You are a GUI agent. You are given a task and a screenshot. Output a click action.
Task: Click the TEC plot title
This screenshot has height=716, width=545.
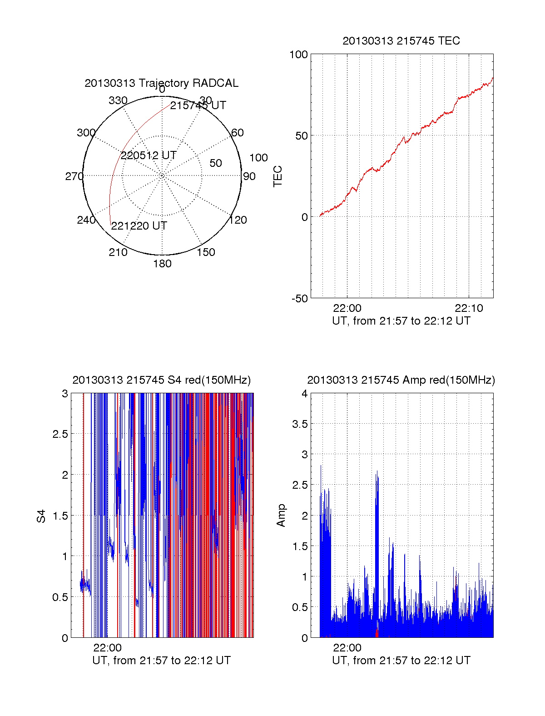[x=401, y=41]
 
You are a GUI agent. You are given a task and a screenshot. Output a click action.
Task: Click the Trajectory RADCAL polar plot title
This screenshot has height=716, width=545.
[x=161, y=83]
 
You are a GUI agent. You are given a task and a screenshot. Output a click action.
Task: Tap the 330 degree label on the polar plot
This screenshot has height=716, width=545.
[x=118, y=100]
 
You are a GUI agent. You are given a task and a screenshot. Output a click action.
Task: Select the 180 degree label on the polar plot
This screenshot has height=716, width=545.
[x=162, y=264]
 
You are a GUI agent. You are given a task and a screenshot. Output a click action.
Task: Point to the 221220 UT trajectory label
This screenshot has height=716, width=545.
[x=139, y=226]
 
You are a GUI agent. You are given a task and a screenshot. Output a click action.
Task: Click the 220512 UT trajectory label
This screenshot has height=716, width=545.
[x=149, y=155]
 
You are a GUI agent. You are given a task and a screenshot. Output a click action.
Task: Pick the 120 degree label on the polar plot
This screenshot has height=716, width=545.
[x=238, y=220]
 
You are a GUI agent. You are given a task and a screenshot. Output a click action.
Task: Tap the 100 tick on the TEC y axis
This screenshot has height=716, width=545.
[x=298, y=55]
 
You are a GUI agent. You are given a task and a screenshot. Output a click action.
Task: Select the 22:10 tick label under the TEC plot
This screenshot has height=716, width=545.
[x=469, y=308]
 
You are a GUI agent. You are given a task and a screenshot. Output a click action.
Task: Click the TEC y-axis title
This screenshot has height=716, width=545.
[x=277, y=176]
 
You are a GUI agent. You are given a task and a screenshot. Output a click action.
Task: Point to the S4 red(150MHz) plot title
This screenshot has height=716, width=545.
[x=161, y=380]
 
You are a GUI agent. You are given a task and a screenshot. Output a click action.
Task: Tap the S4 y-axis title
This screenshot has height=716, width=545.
[x=41, y=516]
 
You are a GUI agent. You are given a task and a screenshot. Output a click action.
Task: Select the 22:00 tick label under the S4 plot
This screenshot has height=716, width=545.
[x=108, y=648]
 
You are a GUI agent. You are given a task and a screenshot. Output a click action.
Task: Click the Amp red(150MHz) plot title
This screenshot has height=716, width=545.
[x=401, y=380]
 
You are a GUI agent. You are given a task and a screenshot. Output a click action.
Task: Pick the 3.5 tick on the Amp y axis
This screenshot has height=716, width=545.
[x=299, y=424]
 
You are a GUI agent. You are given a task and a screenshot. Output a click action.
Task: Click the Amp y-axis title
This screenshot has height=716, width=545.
[x=281, y=516]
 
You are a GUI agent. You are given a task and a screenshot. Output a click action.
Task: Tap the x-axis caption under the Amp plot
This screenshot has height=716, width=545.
[x=401, y=661]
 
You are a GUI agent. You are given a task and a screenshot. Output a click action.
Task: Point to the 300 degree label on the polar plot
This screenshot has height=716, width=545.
[x=86, y=133]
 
